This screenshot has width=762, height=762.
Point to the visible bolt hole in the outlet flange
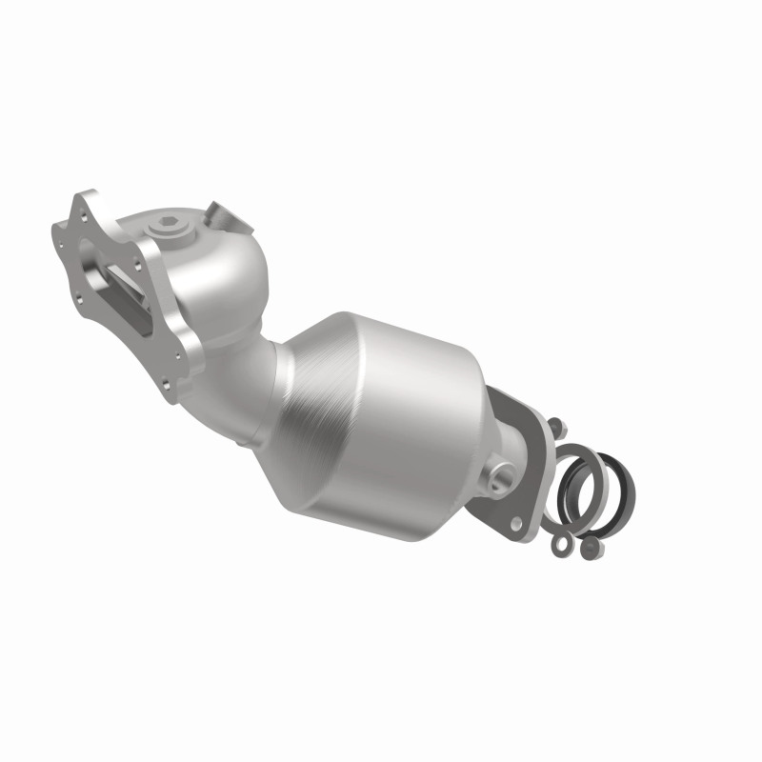coord(518,523)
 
